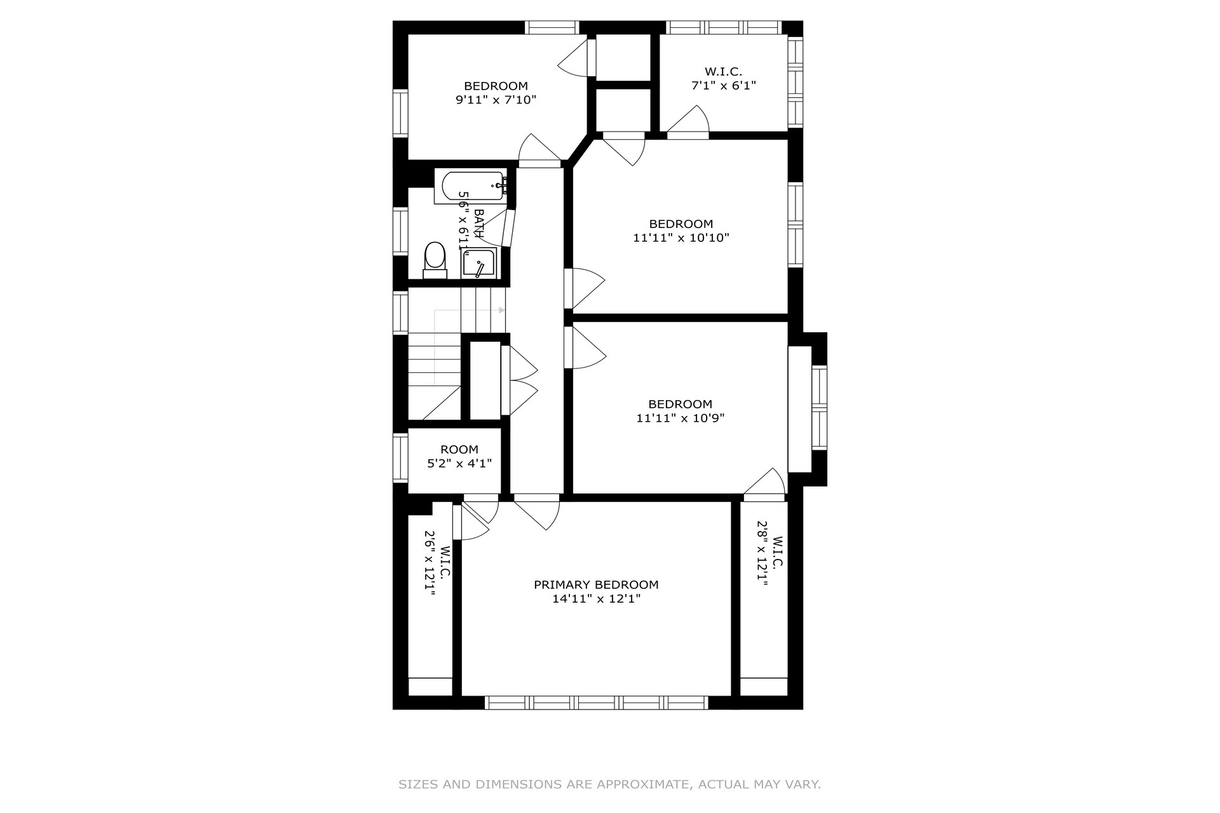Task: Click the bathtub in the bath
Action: pos(471,187)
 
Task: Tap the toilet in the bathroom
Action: pos(435,260)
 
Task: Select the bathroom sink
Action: pos(478,264)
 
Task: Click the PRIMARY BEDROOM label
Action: pos(596,585)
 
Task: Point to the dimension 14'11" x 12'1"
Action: pos(596,599)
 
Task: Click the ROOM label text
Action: pos(459,450)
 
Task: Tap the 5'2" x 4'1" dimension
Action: pos(459,464)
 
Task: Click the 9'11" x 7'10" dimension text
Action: pos(496,100)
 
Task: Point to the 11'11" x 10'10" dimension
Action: pos(681,238)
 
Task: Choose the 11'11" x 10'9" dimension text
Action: pos(681,419)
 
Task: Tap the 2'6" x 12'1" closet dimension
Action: pos(430,563)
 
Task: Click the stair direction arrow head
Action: pos(502,310)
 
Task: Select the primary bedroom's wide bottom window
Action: pos(596,702)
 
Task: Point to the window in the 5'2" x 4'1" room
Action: pos(400,457)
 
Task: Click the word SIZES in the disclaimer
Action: pos(418,784)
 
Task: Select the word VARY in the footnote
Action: pos(804,784)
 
